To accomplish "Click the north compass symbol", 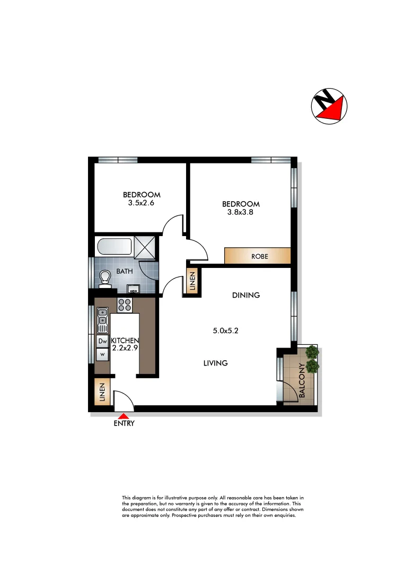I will coord(329,106).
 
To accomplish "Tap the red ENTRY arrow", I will coord(124,415).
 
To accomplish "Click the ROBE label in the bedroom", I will coord(260,256).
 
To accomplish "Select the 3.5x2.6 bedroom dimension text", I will coord(142,202).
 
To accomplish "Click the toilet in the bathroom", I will coord(104,279).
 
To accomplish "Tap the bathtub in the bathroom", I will coord(114,247).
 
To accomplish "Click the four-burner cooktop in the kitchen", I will coord(125,305).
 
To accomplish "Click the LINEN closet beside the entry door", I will coord(102,393).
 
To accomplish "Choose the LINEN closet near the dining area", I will coord(192,281).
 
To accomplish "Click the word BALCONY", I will coord(302,380).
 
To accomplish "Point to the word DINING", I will coord(245,295).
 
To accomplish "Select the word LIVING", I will coord(216,363).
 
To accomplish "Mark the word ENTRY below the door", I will coord(124,423).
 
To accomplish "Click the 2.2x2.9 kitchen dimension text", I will coord(125,349).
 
